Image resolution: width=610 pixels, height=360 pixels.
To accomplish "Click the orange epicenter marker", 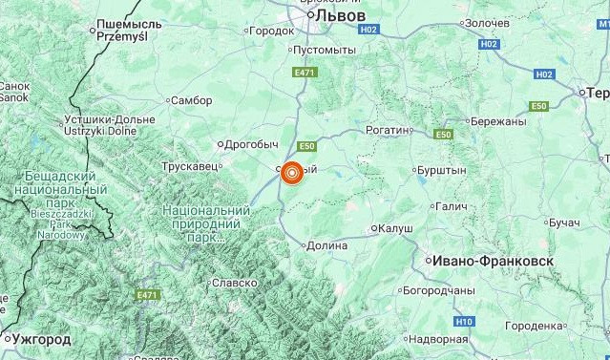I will (x=291, y=173).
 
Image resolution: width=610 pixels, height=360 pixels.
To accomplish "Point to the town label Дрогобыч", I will (x=249, y=144).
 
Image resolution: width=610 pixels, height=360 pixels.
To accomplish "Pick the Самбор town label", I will (x=189, y=99).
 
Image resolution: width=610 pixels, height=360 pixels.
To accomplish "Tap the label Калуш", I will (x=395, y=228).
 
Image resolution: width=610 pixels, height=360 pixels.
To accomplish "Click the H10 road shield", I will (x=464, y=322).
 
